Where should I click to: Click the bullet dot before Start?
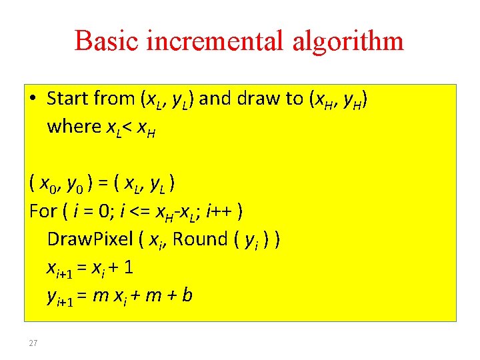pos(33,99)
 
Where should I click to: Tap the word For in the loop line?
pos(43,211)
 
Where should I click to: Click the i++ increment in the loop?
pos(220,211)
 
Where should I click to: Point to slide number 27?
pos(33,343)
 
